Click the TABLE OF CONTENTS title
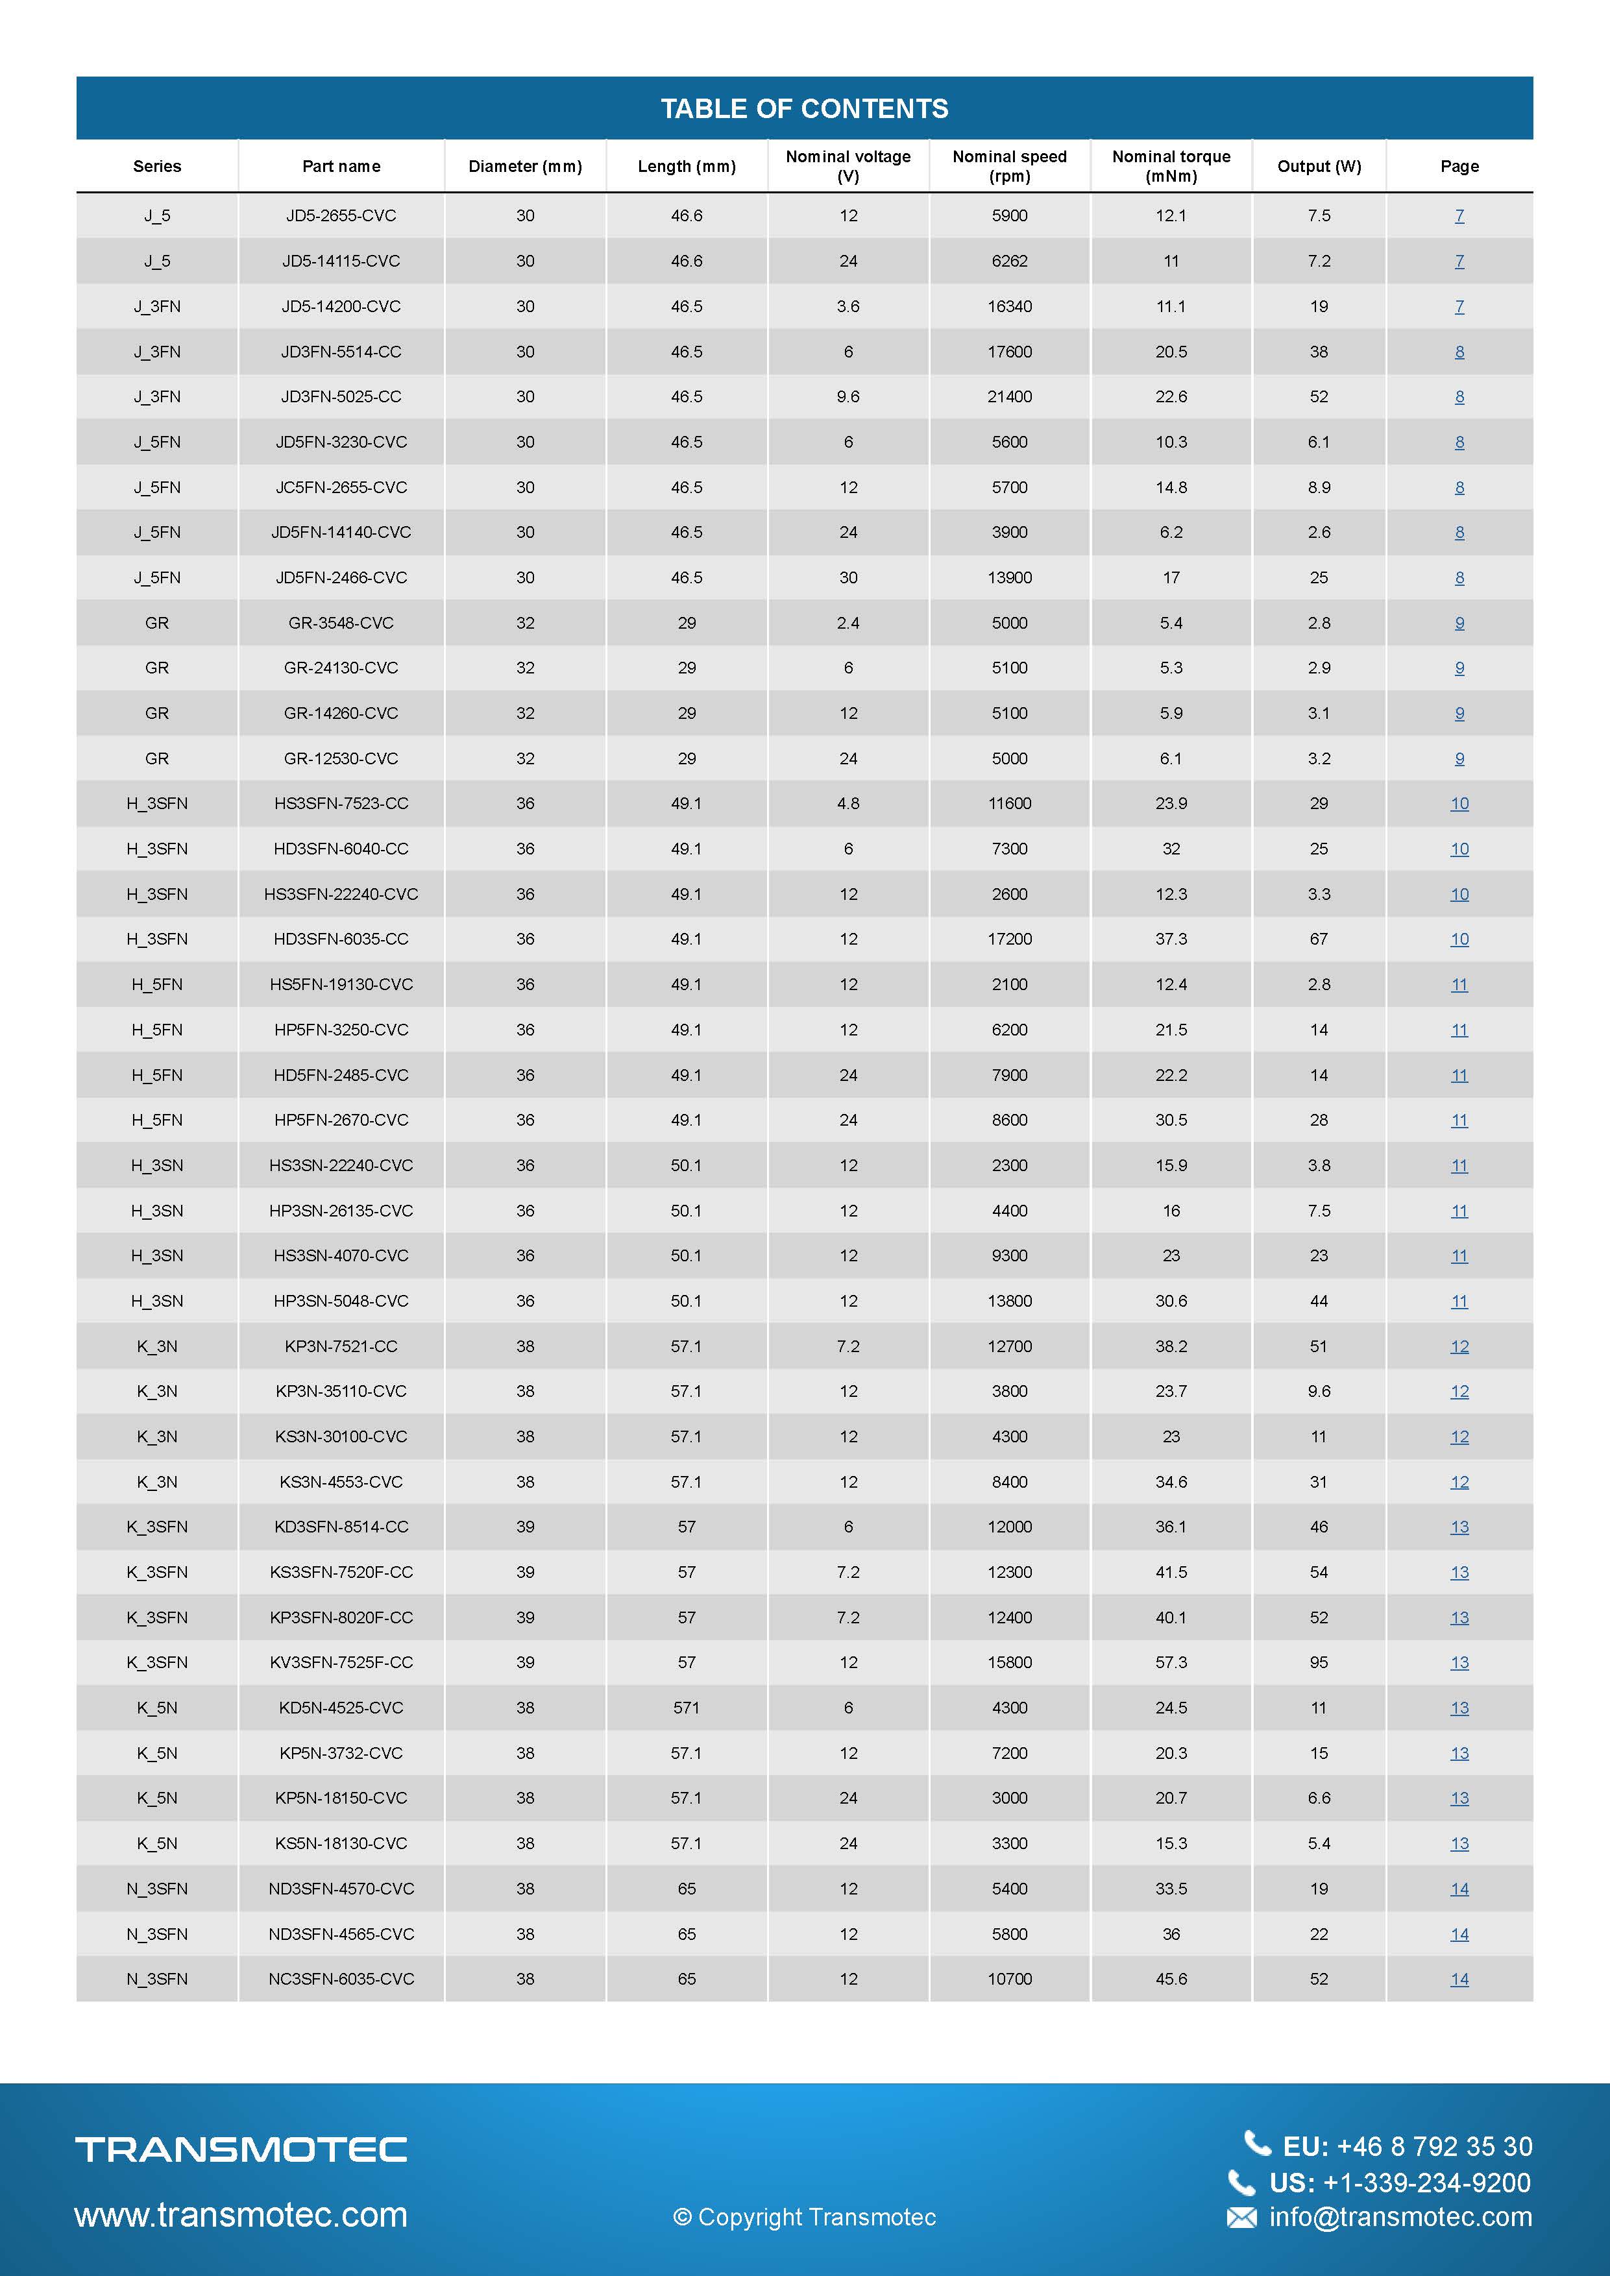pos(804,108)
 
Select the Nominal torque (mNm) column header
pos(1171,165)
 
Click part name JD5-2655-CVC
pos(341,215)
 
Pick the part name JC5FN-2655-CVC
pos(341,487)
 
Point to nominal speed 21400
pos(1009,396)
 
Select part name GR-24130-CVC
pos(341,667)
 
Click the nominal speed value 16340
pos(1009,306)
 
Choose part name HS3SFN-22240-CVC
pos(341,893)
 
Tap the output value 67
pos(1319,939)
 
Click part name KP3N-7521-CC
pos(341,1346)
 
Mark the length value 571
pos(686,1707)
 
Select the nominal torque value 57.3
pos(1171,1662)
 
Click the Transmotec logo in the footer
pos(241,2148)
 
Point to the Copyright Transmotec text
pos(804,2218)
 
